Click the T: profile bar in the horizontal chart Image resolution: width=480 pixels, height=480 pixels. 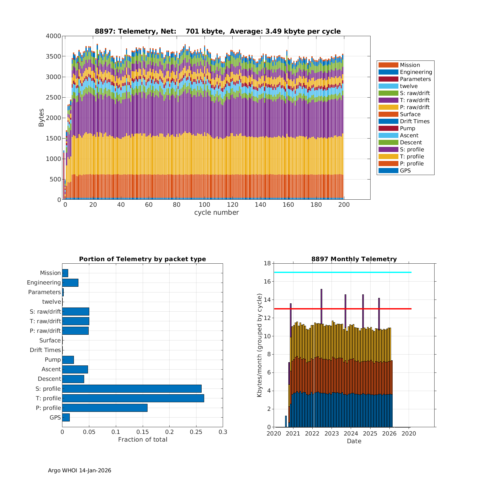(x=133, y=398)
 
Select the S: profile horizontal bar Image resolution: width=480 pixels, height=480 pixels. (x=132, y=388)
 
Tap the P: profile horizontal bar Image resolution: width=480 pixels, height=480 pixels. (x=105, y=408)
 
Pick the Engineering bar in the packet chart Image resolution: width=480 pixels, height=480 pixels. (x=70, y=283)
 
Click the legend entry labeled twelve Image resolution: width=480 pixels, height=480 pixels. (x=409, y=86)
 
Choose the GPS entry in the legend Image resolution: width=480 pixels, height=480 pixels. (x=405, y=171)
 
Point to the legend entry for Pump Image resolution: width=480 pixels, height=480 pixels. (x=407, y=128)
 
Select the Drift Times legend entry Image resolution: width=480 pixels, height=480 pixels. (x=414, y=121)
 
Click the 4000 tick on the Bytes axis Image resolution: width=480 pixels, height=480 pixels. (x=53, y=36)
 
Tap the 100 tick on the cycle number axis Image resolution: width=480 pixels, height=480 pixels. (x=204, y=205)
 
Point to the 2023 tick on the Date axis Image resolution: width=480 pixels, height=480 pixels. (x=332, y=434)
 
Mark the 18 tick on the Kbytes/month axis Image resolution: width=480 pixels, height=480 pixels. (x=267, y=263)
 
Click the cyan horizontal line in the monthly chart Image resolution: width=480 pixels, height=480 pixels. (x=342, y=272)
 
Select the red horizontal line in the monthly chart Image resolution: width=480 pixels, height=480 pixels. (x=342, y=309)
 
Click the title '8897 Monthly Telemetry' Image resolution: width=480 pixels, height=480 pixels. (x=354, y=259)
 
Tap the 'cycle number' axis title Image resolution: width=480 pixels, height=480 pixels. (x=216, y=212)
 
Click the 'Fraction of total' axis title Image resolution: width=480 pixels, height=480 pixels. (x=142, y=439)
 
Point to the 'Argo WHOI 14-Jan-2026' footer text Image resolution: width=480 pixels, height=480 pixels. (x=79, y=470)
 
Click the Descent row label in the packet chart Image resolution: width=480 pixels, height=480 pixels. (x=49, y=379)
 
